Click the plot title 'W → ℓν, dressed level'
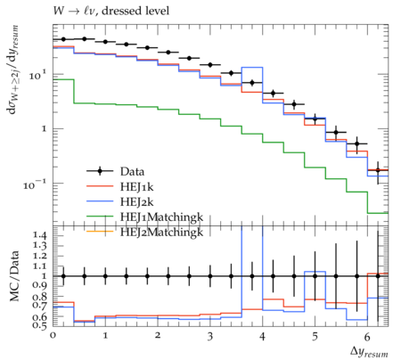[111, 12]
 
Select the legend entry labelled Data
[132, 171]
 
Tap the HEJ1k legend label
[136, 186]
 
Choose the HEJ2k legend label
[136, 202]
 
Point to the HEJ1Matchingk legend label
[161, 217]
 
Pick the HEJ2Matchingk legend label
[161, 233]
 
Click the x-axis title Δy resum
[369, 352]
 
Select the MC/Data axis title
[14, 276]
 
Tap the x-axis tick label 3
[210, 337]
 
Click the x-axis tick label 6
[367, 337]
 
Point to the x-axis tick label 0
[53, 336]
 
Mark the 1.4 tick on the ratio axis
[39, 235]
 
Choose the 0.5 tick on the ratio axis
[39, 326]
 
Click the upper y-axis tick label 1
[44, 129]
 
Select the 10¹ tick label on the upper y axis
[38, 74]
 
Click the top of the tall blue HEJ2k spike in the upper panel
[252, 68]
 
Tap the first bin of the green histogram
[63, 79]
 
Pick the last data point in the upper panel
[378, 170]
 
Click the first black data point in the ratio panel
[63, 276]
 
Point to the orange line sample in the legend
[100, 232]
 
